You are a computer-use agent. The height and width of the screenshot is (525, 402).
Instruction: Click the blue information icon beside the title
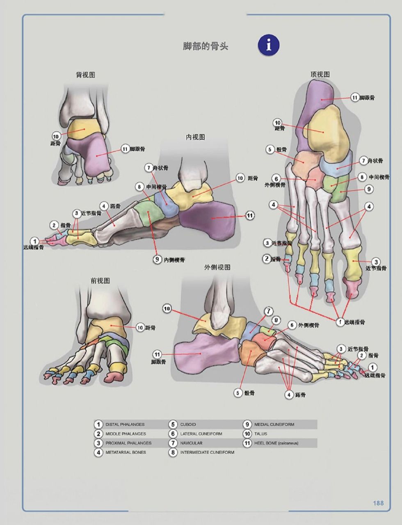(269, 45)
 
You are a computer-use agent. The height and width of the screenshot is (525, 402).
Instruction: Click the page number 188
(378, 503)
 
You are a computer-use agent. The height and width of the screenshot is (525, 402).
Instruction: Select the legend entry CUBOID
(188, 425)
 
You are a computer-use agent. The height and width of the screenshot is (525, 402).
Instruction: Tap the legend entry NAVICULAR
(191, 443)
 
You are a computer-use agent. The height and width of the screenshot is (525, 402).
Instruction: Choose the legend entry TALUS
(260, 434)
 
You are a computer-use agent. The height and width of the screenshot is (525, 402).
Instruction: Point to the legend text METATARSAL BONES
(125, 452)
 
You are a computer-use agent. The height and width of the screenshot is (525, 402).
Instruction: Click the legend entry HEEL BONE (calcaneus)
(276, 443)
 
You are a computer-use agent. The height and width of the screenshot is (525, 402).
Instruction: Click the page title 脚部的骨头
(205, 46)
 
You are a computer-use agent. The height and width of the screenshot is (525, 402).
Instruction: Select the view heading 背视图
(86, 75)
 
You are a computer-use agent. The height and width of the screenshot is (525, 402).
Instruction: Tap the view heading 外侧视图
(217, 267)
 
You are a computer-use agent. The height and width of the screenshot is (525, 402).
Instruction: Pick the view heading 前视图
(100, 281)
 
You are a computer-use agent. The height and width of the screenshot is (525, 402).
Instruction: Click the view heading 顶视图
(320, 74)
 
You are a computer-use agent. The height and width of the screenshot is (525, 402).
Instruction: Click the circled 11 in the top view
(355, 98)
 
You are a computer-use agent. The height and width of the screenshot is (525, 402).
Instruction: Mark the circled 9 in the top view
(369, 189)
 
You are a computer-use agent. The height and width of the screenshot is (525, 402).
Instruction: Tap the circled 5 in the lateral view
(238, 393)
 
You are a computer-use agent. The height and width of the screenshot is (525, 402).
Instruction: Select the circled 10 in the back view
(56, 136)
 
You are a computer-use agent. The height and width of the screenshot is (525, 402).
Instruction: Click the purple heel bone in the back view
(92, 156)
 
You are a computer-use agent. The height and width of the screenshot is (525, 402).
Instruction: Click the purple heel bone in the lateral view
(203, 353)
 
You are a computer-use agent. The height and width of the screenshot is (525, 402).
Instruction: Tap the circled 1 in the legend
(98, 425)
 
